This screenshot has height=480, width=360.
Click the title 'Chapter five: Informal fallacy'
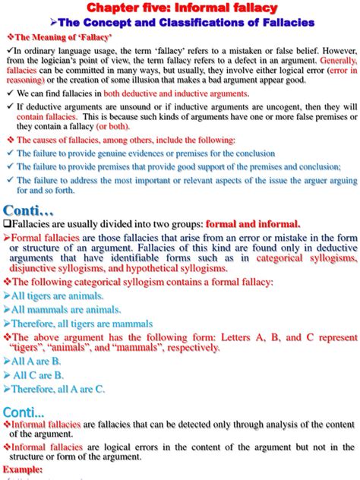coord(180,8)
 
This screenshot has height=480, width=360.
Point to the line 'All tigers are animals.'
coord(58,295)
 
